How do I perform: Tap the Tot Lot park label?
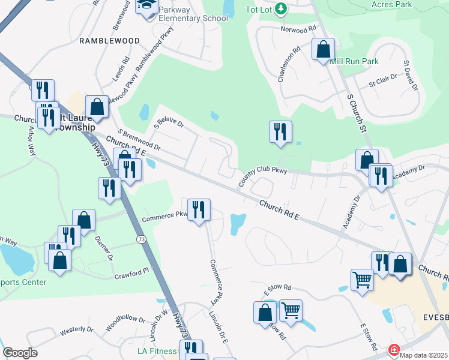260,9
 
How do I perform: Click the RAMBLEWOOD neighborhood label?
110,41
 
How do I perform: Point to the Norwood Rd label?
298,29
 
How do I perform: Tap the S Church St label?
356,113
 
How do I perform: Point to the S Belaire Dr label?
169,116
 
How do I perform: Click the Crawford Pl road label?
131,274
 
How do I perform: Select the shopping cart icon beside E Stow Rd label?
290,311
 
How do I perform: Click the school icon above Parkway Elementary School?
146,6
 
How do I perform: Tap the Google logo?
20,353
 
